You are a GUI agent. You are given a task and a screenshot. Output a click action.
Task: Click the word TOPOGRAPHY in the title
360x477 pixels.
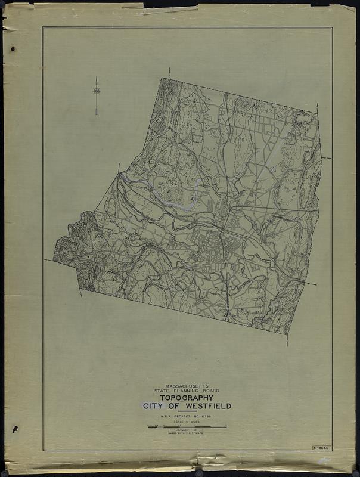coord(187,399)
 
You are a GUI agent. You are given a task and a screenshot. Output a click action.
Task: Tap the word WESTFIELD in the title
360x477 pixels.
coord(206,407)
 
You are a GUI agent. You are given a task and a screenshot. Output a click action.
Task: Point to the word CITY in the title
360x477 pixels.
coord(154,407)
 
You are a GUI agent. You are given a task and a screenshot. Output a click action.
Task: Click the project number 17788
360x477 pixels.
coord(212,416)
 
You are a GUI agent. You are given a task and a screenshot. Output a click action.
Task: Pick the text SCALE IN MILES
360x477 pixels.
coord(187,422)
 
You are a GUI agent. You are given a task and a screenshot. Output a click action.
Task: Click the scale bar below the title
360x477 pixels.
coord(187,427)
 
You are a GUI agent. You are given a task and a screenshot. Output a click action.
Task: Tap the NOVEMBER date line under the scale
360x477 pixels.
coord(187,432)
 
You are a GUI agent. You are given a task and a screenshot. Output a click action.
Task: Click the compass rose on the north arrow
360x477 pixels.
coord(97,91)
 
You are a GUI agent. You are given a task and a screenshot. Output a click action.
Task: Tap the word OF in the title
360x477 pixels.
coord(173,407)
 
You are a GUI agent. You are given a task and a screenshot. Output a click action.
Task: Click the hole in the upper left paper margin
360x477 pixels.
coord(13,49)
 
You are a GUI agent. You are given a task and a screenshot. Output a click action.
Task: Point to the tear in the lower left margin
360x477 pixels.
coord(14,429)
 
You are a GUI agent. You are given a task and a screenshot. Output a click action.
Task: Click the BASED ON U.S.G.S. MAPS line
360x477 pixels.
coord(187,435)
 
